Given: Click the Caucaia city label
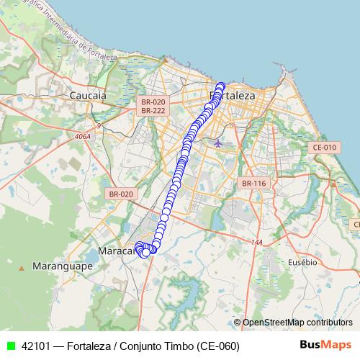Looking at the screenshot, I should tap(88, 94).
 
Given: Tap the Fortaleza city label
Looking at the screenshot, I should tap(232, 95).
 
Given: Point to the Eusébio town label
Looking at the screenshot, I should tap(302, 262).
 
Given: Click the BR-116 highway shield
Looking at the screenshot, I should tap(254, 184).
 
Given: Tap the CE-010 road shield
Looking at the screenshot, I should tap(325, 148).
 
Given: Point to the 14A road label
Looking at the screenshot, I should tap(256, 243).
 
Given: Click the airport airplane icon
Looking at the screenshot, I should tap(218, 143).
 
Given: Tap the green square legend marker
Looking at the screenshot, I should tap(11, 346).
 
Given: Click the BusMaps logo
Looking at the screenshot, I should tap(325, 346).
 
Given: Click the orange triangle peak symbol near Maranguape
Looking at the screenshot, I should tap(22, 268).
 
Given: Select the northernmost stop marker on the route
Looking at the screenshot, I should tap(221, 86).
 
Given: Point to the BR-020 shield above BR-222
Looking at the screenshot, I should tap(153, 102).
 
